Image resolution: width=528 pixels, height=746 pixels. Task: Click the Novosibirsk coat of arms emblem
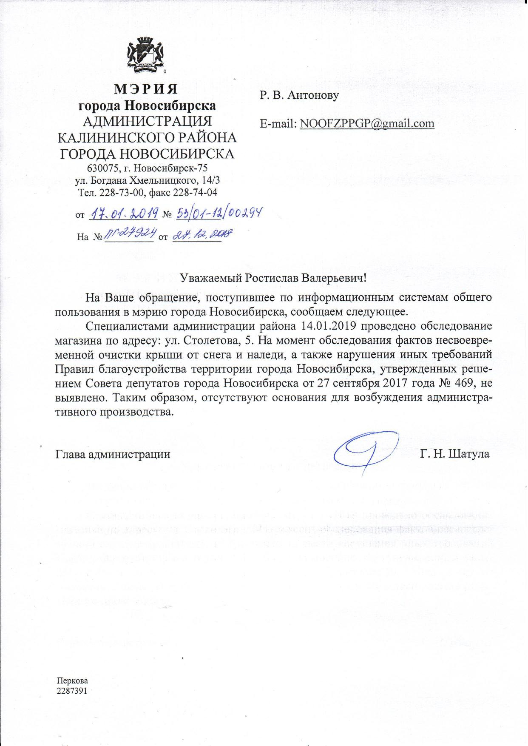click(146, 55)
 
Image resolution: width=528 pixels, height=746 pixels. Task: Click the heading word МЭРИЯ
click(146, 89)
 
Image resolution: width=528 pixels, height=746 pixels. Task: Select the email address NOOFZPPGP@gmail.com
click(367, 124)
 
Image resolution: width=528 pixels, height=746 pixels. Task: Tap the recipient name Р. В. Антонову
click(299, 95)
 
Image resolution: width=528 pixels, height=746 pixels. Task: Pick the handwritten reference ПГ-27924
click(129, 235)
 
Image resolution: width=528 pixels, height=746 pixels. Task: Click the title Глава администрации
click(113, 454)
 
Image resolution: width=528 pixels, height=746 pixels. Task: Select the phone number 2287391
click(72, 691)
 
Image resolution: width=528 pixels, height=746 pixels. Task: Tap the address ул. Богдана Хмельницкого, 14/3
click(147, 180)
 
